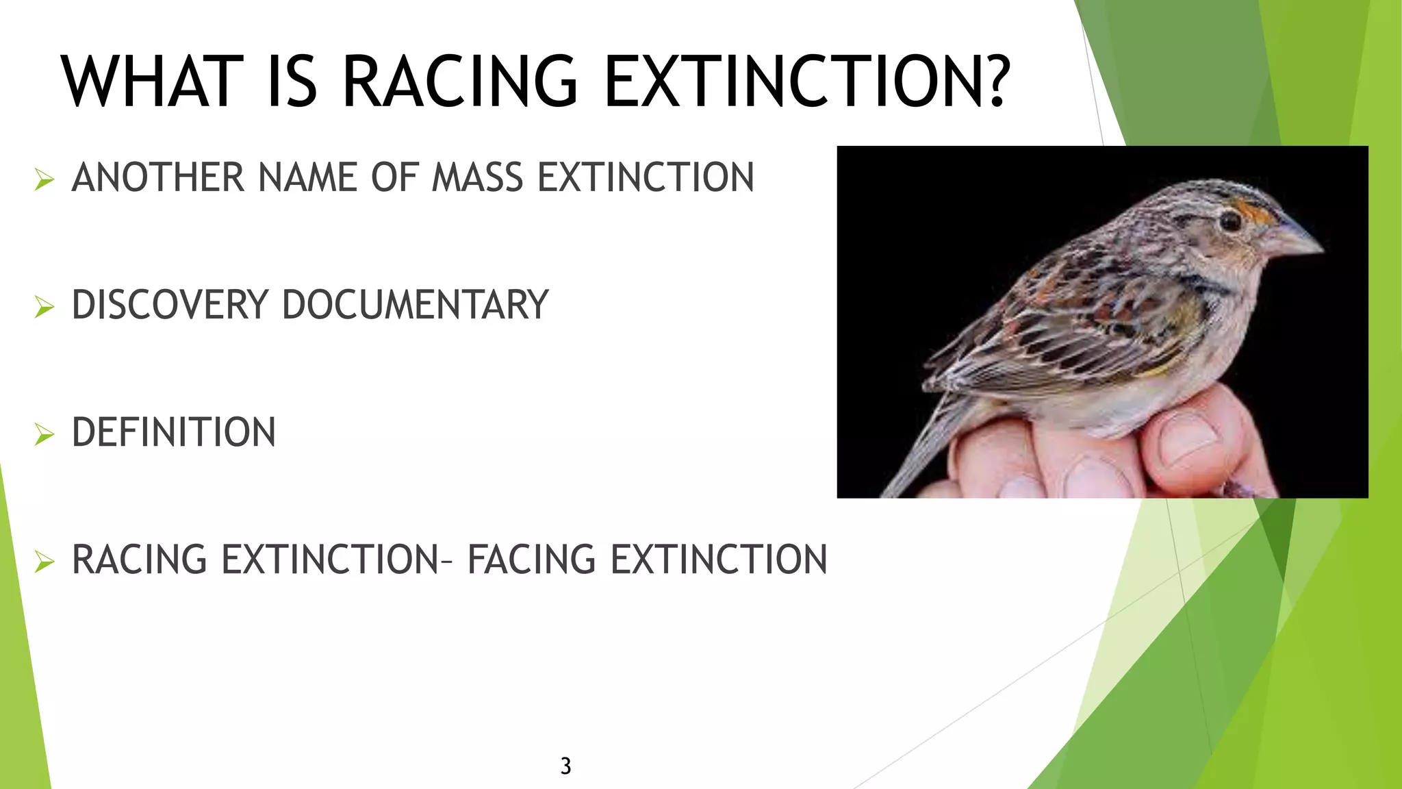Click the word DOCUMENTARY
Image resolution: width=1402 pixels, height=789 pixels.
coord(415,305)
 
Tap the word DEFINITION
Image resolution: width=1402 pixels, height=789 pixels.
coord(174,432)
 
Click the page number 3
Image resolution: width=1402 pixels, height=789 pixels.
coord(565,766)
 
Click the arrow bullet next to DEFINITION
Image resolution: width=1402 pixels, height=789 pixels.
coord(44,434)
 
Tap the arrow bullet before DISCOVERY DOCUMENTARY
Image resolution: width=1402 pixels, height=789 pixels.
coord(44,307)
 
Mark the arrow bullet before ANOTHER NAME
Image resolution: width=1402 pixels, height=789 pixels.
coord(44,179)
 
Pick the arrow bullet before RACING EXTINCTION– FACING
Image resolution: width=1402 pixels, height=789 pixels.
coord(44,562)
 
